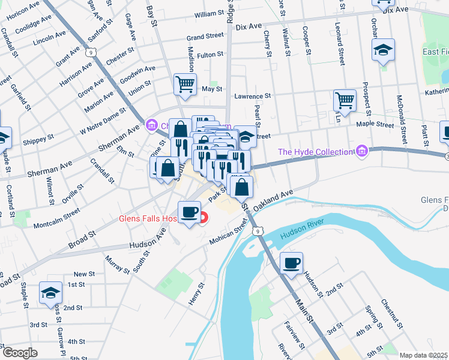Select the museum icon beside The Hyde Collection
point(361,151)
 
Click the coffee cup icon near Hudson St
point(292,263)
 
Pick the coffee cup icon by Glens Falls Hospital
point(190,212)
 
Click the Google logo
point(19,353)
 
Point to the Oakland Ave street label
point(273,197)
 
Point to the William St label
point(209,13)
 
